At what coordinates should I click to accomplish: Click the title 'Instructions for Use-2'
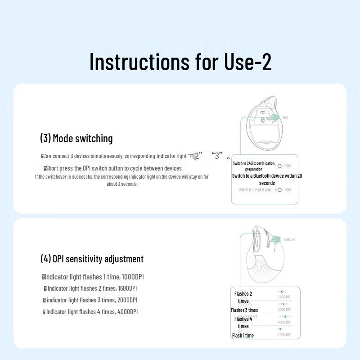[180, 62]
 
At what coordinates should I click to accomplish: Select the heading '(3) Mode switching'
[76, 138]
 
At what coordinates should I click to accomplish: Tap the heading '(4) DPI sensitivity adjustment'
[92, 259]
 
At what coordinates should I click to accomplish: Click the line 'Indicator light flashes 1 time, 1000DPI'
[93, 277]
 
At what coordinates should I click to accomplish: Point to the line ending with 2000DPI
[90, 300]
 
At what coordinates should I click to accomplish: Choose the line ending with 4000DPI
[90, 312]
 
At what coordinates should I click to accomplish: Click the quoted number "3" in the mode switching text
[217, 156]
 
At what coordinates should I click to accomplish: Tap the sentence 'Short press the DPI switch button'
[113, 168]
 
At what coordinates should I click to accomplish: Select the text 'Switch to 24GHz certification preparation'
[253, 166]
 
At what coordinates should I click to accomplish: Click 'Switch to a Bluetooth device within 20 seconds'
[267, 179]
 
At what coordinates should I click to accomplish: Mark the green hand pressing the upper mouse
[273, 117]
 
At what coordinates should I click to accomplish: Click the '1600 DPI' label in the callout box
[284, 297]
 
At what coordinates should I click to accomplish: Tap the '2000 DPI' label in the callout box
[284, 310]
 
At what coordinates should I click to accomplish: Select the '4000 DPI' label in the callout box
[284, 322]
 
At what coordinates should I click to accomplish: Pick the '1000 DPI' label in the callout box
[284, 335]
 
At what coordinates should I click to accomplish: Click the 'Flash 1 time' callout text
[243, 335]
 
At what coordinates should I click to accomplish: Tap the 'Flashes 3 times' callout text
[244, 310]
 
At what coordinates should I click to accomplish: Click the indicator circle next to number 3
[279, 190]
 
